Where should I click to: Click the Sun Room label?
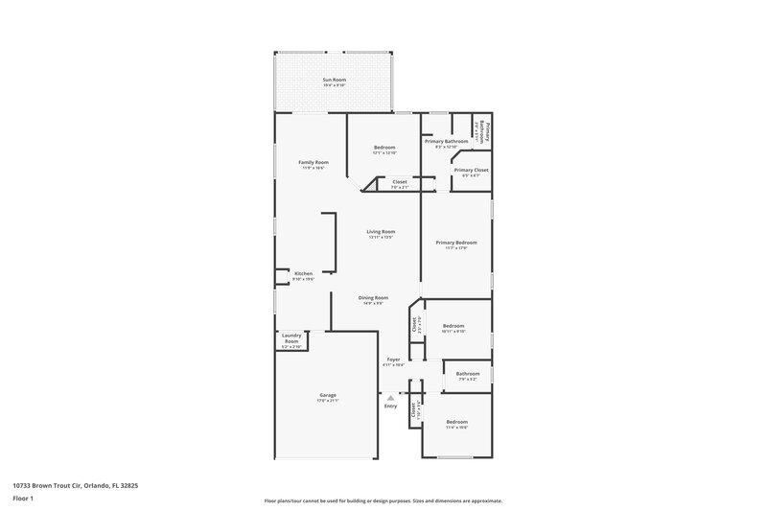(334, 81)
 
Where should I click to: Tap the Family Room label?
(314, 164)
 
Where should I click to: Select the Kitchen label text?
(303, 275)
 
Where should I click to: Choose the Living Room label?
(381, 233)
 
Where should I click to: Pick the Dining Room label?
(373, 299)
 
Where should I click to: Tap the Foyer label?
(393, 361)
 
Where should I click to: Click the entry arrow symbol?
(390, 396)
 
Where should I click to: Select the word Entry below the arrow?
(390, 406)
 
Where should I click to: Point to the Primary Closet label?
(471, 172)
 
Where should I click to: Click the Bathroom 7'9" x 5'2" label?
(468, 376)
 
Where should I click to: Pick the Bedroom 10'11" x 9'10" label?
(453, 328)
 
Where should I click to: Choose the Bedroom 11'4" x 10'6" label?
(455, 425)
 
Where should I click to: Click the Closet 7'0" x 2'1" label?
(400, 183)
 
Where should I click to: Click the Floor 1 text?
(24, 499)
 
